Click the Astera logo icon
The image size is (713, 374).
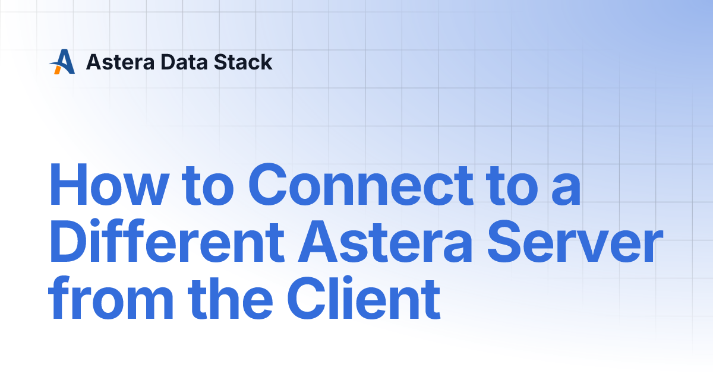pos(62,62)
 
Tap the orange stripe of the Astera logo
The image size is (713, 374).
pos(57,69)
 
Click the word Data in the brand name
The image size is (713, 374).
pos(169,62)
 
